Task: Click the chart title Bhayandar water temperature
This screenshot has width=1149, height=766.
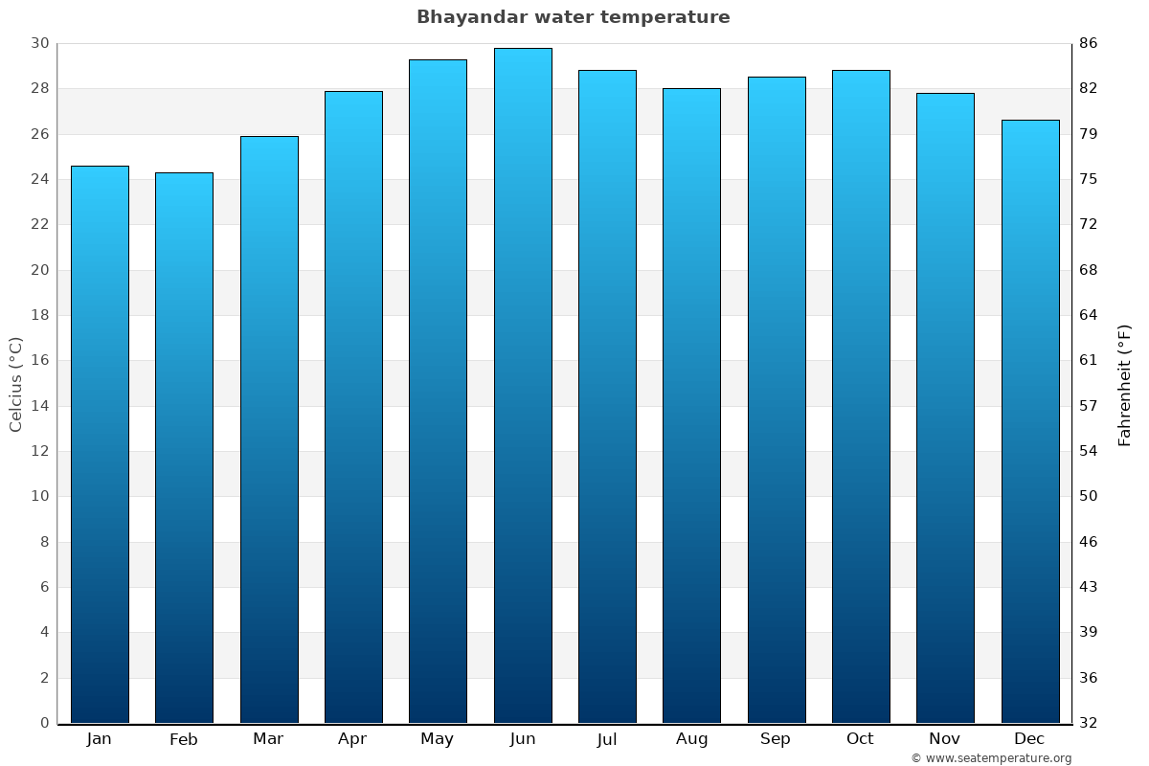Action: [573, 17]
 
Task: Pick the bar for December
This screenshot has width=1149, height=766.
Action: [1030, 421]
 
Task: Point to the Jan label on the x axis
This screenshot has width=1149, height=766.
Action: [99, 739]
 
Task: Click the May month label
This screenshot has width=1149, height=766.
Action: [438, 739]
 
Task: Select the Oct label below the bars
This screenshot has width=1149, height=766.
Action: [860, 739]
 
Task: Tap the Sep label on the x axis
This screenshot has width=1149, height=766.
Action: [776, 739]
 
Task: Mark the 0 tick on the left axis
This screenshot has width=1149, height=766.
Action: [44, 723]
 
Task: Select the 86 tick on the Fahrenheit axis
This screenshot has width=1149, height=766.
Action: [1089, 43]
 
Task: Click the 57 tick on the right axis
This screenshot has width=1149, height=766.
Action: [1089, 406]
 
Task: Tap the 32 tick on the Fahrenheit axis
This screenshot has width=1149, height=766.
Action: [1089, 723]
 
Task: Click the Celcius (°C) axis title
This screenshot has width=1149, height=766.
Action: [15, 383]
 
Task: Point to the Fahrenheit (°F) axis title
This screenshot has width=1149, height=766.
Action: [1125, 384]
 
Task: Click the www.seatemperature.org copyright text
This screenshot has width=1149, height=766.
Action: [991, 758]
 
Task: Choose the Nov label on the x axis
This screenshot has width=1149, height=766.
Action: [945, 739]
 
